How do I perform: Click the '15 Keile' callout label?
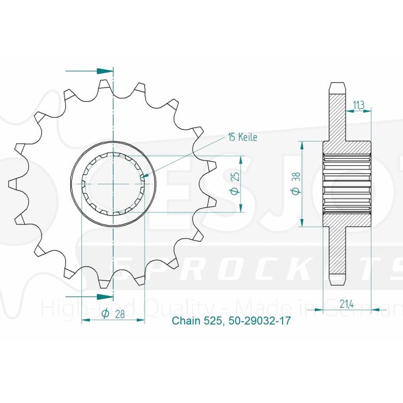click(242, 138)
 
